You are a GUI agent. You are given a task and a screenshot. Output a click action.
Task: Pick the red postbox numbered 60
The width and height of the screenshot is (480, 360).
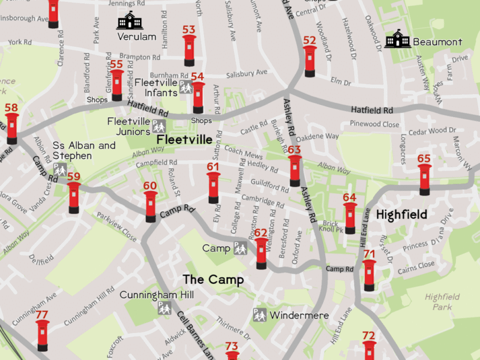pos(151,206)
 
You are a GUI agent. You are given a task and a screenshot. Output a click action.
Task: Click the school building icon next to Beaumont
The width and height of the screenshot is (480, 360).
pos(397,39)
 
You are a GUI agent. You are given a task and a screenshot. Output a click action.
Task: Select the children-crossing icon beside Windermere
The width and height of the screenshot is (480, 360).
pos(259,314)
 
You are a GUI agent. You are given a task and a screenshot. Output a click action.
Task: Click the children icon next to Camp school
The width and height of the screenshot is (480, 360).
pos(240,248)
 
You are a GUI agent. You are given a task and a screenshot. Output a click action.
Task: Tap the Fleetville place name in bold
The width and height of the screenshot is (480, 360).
pos(184,140)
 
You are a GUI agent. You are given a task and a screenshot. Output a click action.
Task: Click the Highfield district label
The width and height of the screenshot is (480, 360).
pos(401,215)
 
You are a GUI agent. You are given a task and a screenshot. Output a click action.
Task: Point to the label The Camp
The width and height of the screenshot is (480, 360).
pos(213,280)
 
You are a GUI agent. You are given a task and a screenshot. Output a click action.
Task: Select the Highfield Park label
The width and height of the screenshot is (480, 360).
pos(442,302)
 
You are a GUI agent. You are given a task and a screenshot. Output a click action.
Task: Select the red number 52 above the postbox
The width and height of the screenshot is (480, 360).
pos(310,40)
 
